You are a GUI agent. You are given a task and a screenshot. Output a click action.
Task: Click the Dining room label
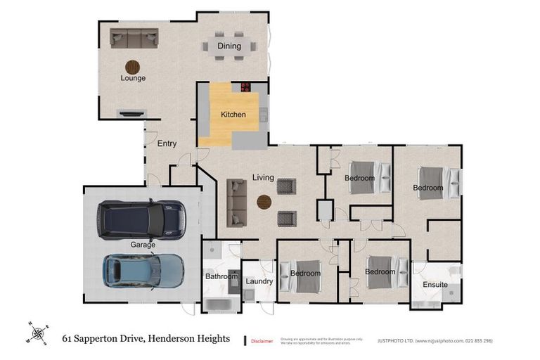229,46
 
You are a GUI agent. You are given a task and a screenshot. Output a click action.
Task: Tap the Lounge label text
133,78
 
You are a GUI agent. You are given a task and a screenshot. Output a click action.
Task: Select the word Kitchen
233,114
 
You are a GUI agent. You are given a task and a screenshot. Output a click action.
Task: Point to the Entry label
167,144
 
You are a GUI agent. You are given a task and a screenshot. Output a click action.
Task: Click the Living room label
264,178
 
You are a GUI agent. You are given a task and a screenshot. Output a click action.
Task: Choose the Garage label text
143,245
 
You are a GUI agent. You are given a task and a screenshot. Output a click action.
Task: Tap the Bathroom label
221,277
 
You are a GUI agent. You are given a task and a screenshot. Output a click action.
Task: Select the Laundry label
259,282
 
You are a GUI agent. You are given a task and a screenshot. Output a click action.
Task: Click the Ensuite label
435,285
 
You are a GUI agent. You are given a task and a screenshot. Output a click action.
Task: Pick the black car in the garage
143,219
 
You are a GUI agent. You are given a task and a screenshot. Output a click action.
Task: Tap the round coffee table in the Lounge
132,67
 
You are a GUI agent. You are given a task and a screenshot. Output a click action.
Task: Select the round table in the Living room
264,202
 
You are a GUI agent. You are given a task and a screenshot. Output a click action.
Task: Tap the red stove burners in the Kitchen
246,87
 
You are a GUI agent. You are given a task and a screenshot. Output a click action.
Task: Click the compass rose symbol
38,332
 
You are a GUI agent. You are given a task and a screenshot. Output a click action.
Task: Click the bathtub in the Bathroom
221,304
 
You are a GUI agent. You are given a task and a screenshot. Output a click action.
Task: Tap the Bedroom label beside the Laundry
306,274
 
